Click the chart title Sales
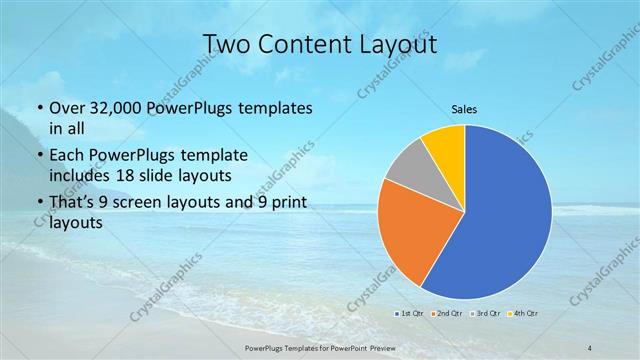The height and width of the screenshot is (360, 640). click(463, 110)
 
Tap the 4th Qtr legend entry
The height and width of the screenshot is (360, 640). click(524, 313)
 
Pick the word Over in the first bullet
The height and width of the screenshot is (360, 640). click(67, 107)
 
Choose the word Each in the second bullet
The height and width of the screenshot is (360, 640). click(67, 156)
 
